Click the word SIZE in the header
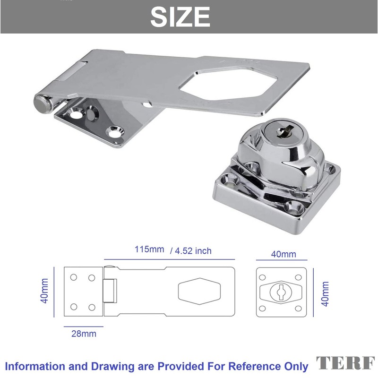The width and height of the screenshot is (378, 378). pos(180,17)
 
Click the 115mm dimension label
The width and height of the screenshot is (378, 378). pos(149,249)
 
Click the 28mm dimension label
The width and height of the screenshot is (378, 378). pos(84,334)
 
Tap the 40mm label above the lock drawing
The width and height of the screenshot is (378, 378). pos(283,254)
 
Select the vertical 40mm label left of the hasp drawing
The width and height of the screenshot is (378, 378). pos(44,291)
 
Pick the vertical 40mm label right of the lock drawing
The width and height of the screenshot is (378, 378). pos(325,294)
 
